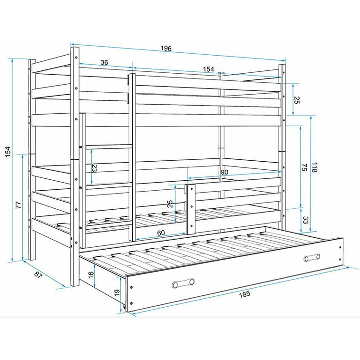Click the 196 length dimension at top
(x=166, y=49)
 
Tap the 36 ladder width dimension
(x=104, y=62)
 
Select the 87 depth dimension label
(x=38, y=275)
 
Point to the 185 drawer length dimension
(x=245, y=294)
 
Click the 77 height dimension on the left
(x=19, y=205)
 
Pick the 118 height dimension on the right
(x=314, y=167)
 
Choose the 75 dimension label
(x=304, y=167)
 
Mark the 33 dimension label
(x=306, y=220)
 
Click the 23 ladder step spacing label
(x=95, y=168)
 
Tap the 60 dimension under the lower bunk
(x=161, y=233)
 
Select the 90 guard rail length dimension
(x=224, y=172)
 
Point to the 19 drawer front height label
(x=117, y=292)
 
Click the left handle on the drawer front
(x=183, y=283)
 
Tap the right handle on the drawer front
(x=312, y=258)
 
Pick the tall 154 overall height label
(x=8, y=152)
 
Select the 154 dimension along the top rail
(x=208, y=69)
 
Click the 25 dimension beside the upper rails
(x=296, y=100)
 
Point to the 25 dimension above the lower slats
(x=170, y=204)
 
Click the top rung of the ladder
(x=109, y=147)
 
